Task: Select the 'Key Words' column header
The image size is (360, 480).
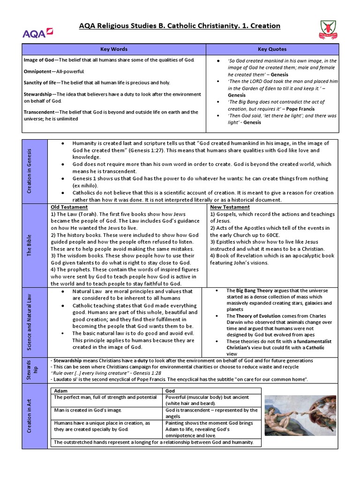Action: click(114, 49)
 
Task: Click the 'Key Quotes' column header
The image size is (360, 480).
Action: click(272, 49)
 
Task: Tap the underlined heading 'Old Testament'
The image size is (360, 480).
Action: click(69, 207)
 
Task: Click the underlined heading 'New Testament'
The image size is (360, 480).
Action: click(230, 207)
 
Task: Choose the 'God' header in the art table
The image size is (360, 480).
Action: click(171, 391)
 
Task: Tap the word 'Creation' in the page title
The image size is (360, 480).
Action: click(265, 26)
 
